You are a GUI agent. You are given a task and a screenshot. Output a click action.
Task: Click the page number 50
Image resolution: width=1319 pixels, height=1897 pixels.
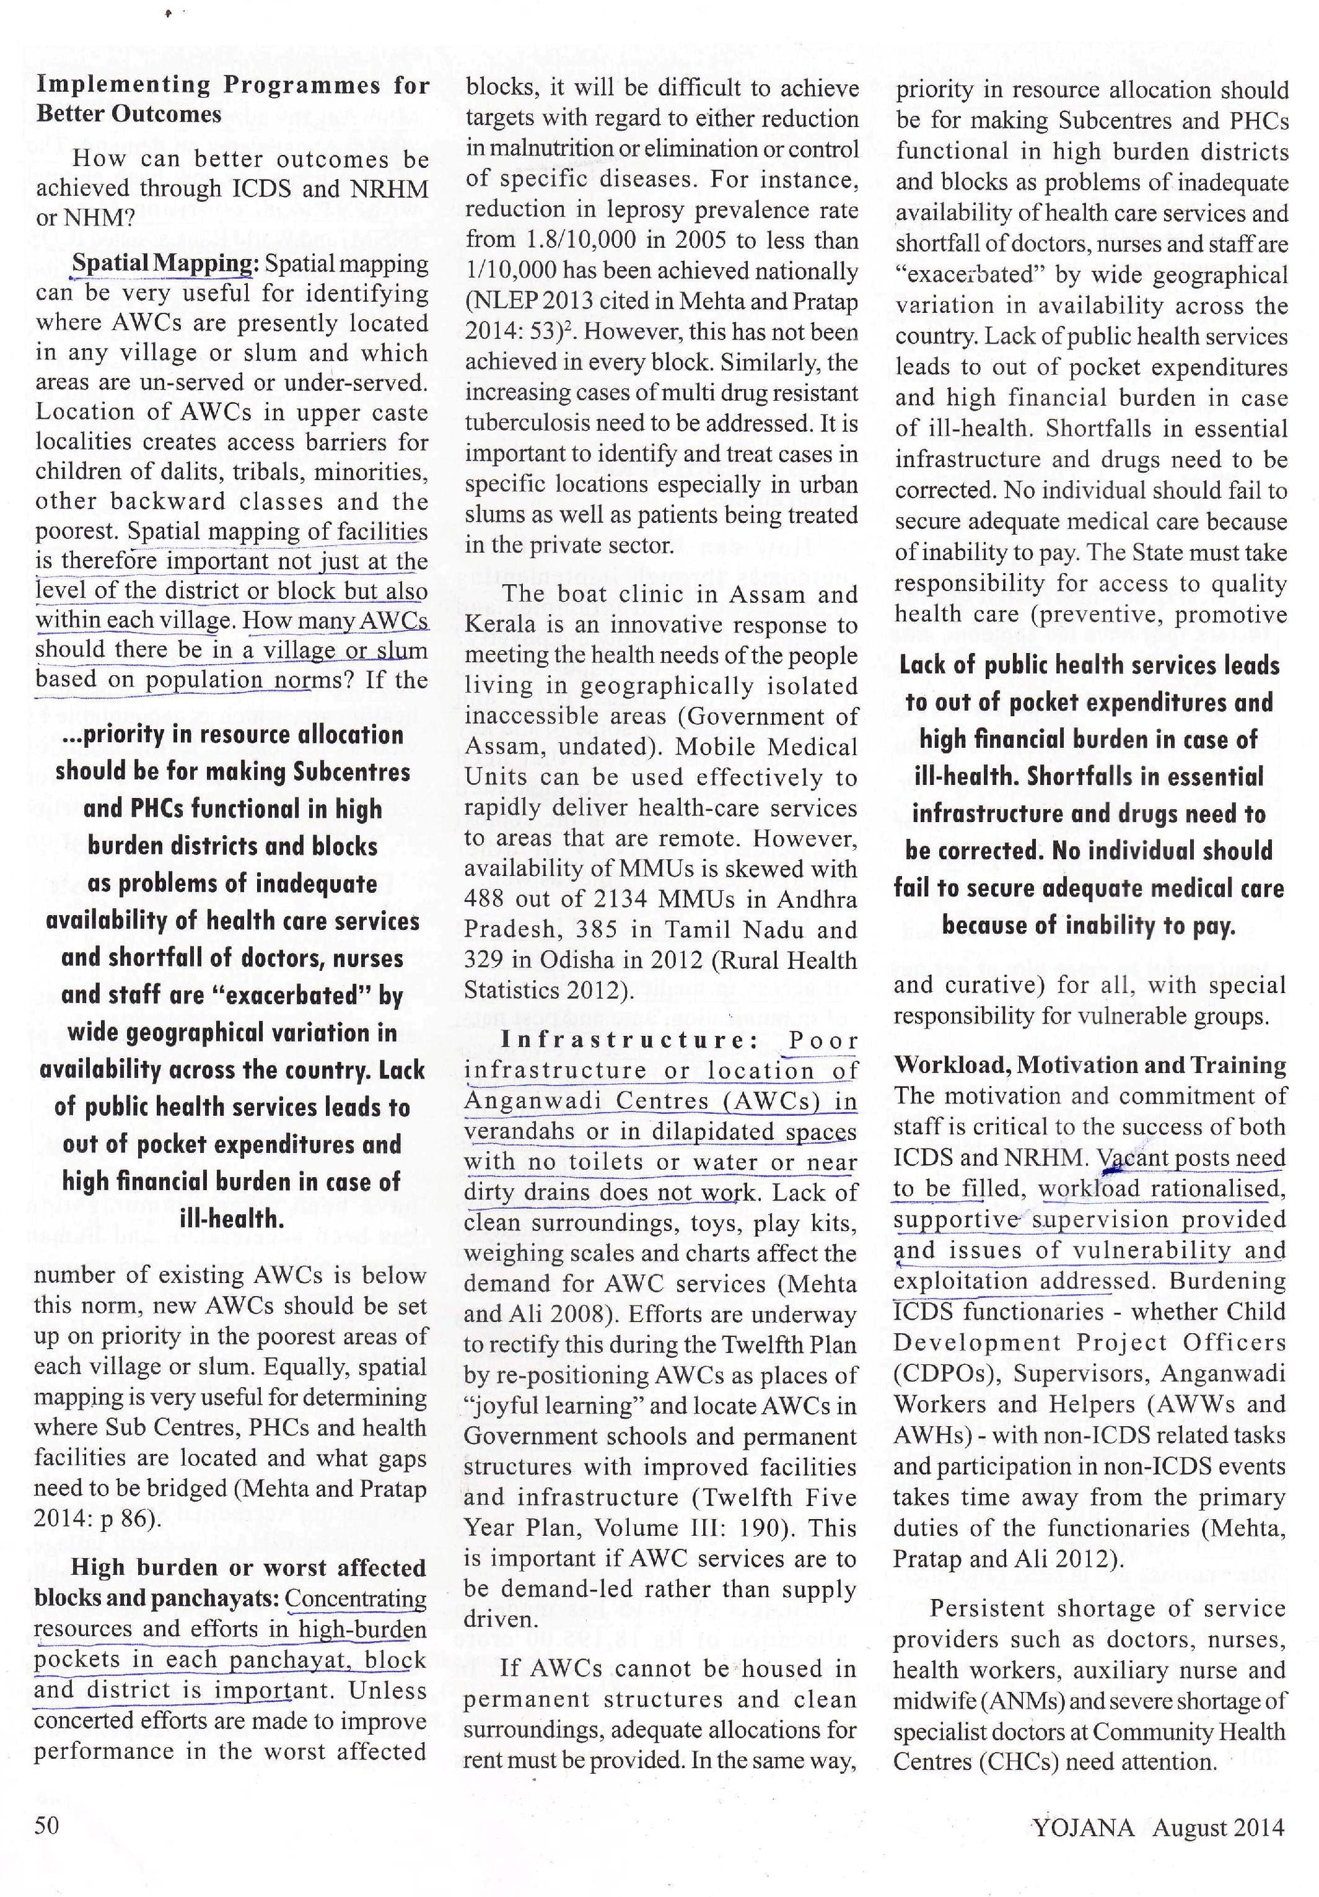tap(46, 1825)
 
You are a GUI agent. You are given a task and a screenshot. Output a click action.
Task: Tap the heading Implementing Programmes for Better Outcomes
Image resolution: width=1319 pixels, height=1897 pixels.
tap(232, 99)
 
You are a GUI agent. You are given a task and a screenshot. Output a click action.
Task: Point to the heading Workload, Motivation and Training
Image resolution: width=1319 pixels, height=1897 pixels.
tap(1089, 1066)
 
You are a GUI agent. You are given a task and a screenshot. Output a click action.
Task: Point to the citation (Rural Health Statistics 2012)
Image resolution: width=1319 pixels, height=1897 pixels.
tap(661, 975)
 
